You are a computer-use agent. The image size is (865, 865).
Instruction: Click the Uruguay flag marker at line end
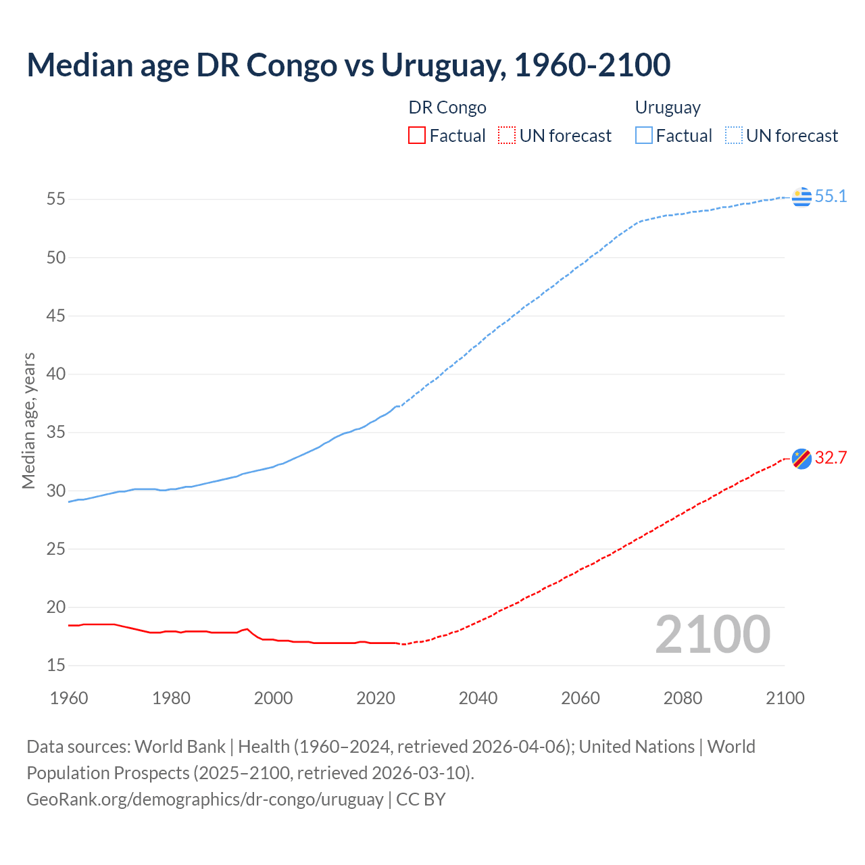(x=801, y=197)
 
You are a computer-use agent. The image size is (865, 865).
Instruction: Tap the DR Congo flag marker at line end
(x=801, y=458)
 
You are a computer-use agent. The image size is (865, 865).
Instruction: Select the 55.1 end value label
(x=831, y=197)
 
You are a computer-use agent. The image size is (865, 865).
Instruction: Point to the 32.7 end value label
(x=831, y=458)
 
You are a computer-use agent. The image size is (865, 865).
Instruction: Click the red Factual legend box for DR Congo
(x=417, y=136)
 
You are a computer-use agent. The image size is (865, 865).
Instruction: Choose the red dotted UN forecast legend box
(x=507, y=136)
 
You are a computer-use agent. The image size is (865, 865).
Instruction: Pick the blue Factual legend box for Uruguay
(x=644, y=136)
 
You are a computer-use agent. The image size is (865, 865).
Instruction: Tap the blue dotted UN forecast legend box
(x=733, y=136)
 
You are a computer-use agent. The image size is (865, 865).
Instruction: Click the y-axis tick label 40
(x=56, y=374)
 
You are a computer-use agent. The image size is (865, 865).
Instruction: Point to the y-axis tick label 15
(x=56, y=666)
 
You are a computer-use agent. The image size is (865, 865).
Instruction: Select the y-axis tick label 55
(x=56, y=199)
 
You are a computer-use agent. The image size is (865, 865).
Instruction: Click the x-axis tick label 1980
(x=171, y=698)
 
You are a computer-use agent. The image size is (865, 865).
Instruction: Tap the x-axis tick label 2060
(x=580, y=698)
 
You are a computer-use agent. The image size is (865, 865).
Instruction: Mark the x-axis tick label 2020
(x=376, y=698)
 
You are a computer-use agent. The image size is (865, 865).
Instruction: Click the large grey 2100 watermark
(x=713, y=635)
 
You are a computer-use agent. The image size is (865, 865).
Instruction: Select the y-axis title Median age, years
(x=28, y=420)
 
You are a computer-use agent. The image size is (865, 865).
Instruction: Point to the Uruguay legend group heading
(x=668, y=107)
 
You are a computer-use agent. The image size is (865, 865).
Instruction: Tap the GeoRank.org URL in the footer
(x=205, y=799)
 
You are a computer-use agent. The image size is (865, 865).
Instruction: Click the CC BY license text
(x=421, y=799)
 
